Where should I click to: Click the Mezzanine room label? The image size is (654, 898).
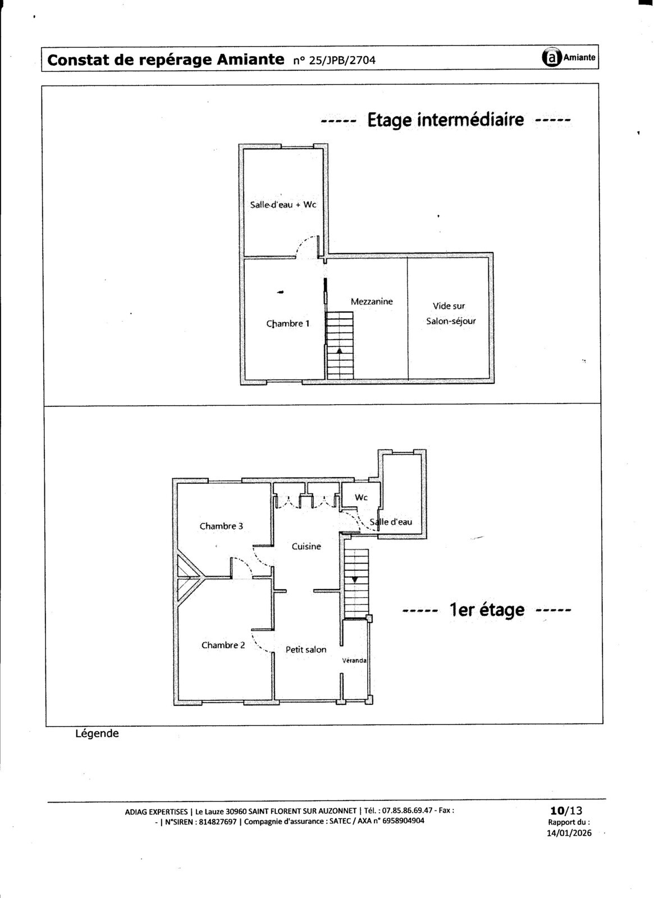tap(371, 301)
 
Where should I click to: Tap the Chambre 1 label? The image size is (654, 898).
tap(288, 323)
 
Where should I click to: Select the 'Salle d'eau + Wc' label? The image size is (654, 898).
tap(283, 204)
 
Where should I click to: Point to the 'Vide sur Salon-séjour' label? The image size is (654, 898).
tap(451, 314)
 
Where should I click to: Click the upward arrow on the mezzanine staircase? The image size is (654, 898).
tap(339, 350)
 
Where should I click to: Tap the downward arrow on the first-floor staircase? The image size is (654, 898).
tap(355, 580)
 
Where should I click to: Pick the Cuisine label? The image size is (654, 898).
tap(307, 547)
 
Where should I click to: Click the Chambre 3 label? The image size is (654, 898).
tap(221, 526)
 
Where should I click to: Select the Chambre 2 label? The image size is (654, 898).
tap(223, 645)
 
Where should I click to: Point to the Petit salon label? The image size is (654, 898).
tap(306, 649)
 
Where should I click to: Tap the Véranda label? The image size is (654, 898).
tap(354, 660)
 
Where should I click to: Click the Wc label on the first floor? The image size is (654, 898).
tap(361, 497)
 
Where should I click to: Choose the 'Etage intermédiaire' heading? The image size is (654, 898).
tap(446, 120)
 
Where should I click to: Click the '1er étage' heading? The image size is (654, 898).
tap(487, 610)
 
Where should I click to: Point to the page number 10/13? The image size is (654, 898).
tap(566, 810)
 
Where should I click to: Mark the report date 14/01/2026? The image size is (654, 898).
tap(569, 833)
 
